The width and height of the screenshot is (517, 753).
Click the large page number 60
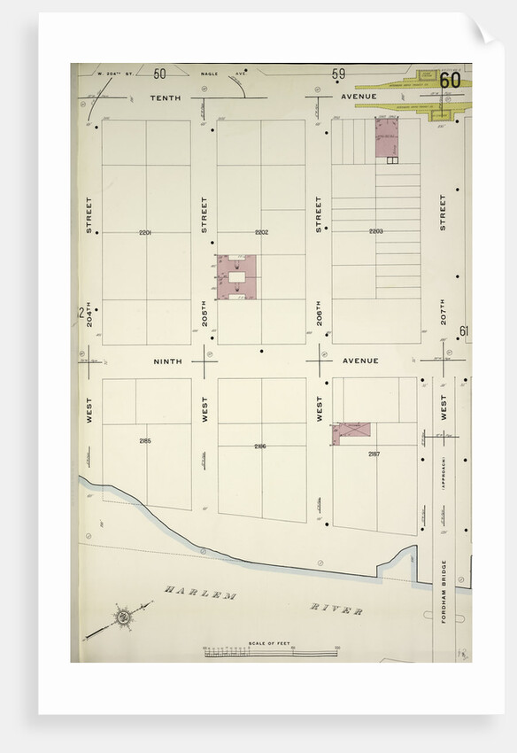(x=449, y=80)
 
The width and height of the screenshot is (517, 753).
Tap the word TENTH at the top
(x=165, y=97)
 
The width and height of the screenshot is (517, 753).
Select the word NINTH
(x=167, y=361)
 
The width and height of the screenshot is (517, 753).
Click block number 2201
(x=145, y=232)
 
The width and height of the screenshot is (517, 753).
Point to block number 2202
(x=261, y=232)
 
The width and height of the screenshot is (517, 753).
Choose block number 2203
(x=376, y=231)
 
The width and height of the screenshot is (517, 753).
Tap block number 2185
(x=145, y=440)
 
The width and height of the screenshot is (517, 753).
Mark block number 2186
(x=260, y=446)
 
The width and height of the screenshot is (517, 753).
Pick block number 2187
(x=374, y=454)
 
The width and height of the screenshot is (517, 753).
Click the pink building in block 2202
(x=236, y=277)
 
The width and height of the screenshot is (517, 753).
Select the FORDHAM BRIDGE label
(x=444, y=591)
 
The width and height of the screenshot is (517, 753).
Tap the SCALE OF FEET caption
(x=271, y=641)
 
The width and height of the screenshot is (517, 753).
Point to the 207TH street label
(x=444, y=310)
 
